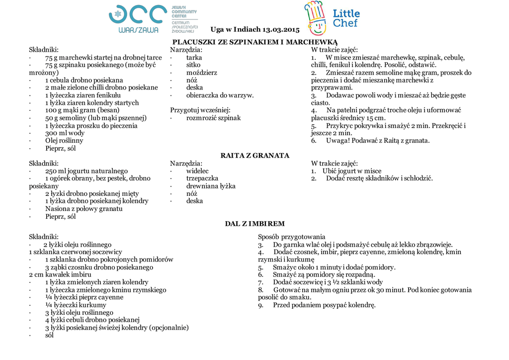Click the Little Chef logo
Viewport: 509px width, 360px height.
[x=332, y=18]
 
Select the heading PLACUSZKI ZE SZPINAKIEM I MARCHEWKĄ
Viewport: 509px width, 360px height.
[x=254, y=42]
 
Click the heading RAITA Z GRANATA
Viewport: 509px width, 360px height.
[x=254, y=156]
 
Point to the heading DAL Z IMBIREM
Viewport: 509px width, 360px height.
[x=254, y=224]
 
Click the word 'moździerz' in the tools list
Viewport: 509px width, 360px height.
[x=201, y=73]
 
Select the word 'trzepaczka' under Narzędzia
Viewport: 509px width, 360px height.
[x=202, y=179]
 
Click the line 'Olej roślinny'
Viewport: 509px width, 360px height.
[x=64, y=141]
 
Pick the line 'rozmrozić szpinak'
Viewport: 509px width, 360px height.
[x=213, y=118]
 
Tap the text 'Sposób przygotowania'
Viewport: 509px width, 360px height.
[x=291, y=237]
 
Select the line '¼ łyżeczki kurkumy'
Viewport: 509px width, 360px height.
[x=76, y=305]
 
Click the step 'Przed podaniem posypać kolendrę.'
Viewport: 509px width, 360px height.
[x=324, y=305]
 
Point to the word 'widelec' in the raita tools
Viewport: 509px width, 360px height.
[x=197, y=171]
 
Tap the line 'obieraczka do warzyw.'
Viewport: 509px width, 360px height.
[x=220, y=95]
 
